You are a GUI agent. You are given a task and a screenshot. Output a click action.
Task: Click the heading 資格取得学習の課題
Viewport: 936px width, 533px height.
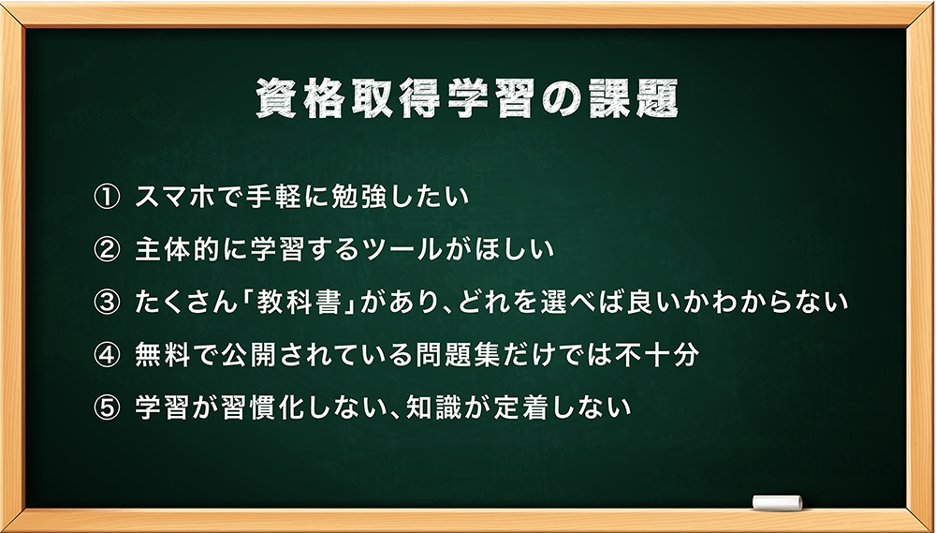[x=467, y=98]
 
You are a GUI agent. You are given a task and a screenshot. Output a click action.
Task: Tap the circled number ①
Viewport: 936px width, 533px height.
[x=108, y=198]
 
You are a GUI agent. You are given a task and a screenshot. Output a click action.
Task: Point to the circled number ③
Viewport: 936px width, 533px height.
[x=108, y=303]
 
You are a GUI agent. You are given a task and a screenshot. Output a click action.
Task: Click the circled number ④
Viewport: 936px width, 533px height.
[x=108, y=356]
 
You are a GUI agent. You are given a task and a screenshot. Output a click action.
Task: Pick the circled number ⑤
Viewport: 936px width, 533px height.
[x=108, y=408]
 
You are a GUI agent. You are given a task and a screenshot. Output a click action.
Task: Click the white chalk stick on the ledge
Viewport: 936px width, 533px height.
[x=777, y=502]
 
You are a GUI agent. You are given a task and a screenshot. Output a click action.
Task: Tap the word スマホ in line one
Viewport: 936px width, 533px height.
[x=174, y=198]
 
